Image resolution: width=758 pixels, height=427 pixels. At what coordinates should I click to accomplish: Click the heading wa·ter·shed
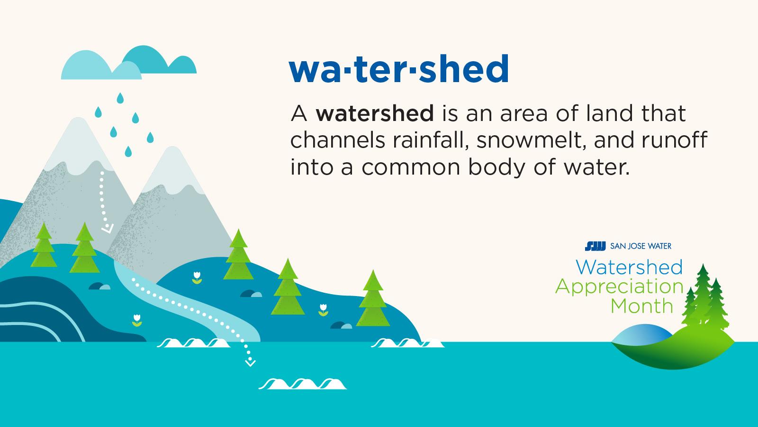coord(398,69)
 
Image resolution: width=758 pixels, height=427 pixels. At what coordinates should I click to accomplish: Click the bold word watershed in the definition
coord(375,113)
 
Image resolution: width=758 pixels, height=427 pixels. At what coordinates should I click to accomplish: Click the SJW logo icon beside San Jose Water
coord(596,246)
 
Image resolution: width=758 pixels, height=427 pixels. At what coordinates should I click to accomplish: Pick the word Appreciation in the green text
coord(619,287)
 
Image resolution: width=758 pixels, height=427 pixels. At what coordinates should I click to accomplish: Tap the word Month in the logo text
coord(641,306)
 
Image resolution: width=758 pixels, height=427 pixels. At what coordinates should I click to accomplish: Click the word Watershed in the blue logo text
coord(629,267)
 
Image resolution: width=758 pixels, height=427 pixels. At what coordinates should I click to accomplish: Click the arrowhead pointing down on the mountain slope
coord(108,229)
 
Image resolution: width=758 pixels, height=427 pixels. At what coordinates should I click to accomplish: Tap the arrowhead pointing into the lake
coord(250,363)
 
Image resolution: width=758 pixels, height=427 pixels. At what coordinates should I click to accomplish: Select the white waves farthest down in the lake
coord(303,383)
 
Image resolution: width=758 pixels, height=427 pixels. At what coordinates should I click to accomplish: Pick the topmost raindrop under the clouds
coord(120,98)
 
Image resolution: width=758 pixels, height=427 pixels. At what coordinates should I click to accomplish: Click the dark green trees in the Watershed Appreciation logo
coord(706,299)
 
